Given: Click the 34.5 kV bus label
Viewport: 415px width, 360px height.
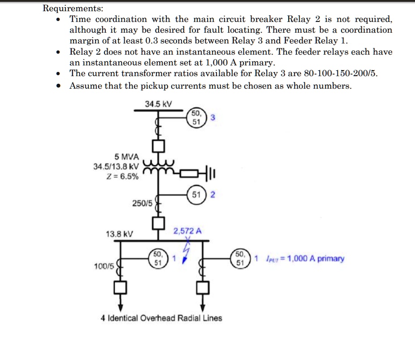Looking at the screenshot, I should (x=158, y=104).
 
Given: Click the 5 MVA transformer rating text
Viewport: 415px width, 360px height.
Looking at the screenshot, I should (x=127, y=157).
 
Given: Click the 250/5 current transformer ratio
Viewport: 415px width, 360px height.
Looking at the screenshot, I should (x=143, y=203).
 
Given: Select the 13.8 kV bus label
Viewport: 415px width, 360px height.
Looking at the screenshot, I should (x=119, y=234).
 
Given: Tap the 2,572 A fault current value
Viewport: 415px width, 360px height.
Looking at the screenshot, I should (x=187, y=231).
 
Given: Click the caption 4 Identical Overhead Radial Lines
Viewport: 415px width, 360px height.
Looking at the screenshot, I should (x=161, y=318).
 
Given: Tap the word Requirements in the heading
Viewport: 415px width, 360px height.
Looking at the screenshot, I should (x=72, y=8).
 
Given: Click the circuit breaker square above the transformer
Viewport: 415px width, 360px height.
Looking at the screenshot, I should (x=158, y=146).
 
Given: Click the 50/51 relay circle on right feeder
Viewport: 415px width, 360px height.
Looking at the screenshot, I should (x=241, y=259).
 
